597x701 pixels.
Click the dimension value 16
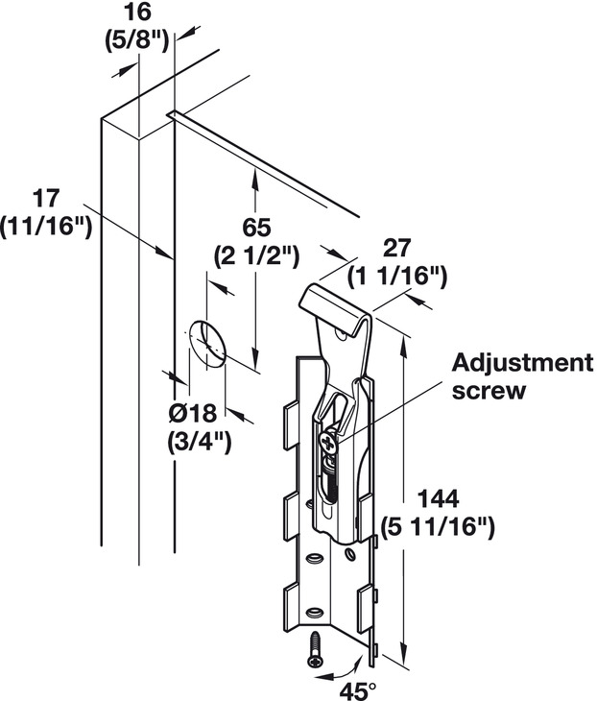pyautogui.click(x=137, y=12)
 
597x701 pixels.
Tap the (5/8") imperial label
pyautogui.click(x=136, y=41)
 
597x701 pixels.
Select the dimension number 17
pyautogui.click(x=46, y=199)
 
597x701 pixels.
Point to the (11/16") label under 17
pyautogui.click(x=46, y=227)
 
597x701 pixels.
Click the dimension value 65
pyautogui.click(x=256, y=228)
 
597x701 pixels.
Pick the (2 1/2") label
pyautogui.click(x=256, y=256)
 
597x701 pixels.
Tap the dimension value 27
pyautogui.click(x=397, y=248)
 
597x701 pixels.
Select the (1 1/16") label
pyautogui.click(x=397, y=277)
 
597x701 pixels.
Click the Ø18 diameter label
pyautogui.click(x=193, y=413)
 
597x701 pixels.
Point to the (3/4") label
pyautogui.click(x=200, y=442)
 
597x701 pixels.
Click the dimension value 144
pyautogui.click(x=438, y=499)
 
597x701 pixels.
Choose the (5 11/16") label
pyautogui.click(x=438, y=527)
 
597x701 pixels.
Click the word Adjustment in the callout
pyautogui.click(x=523, y=363)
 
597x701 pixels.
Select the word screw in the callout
pyautogui.click(x=489, y=391)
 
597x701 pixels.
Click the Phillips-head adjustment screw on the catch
pyautogui.click(x=327, y=443)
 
